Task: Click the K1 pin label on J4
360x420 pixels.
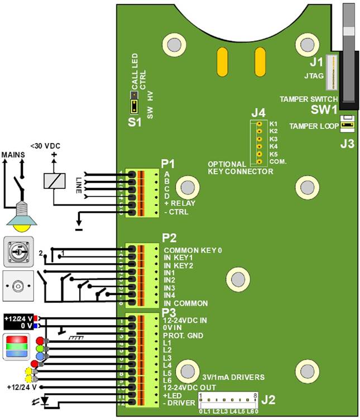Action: coord(273,123)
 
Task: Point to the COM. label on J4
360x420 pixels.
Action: coord(276,161)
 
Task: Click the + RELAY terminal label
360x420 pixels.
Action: coord(180,203)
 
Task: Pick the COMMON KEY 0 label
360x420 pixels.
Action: coord(193,250)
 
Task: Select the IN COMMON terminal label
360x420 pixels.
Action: coord(185,303)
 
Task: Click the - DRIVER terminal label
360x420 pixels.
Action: coord(179,402)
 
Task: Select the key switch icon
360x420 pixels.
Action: coord(18,251)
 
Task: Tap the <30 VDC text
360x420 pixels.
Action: coord(45,146)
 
